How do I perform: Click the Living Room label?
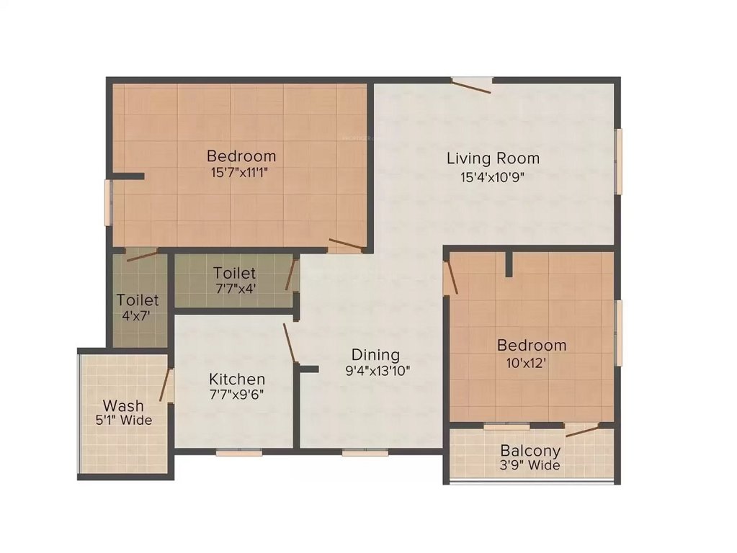(493, 158)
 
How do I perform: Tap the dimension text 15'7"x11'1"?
(241, 172)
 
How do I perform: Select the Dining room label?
(375, 354)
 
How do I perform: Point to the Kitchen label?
(237, 379)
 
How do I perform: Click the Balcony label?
(531, 451)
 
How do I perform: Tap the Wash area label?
(123, 405)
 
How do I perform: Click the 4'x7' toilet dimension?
(137, 315)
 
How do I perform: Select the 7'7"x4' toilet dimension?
(235, 289)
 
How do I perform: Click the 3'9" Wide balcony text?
(531, 466)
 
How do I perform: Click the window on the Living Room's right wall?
(617, 161)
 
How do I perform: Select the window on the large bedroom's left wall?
(108, 202)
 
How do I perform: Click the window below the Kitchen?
(239, 453)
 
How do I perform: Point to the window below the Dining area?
(365, 453)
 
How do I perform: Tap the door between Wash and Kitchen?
(167, 385)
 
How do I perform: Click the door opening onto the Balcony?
(582, 431)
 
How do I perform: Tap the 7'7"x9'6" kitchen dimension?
(237, 395)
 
